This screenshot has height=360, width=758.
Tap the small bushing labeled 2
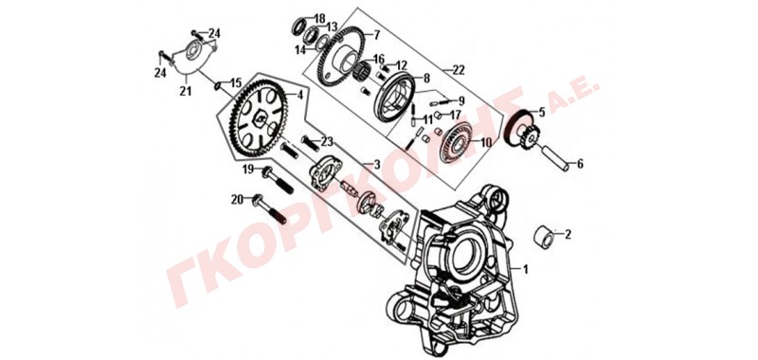(544, 236)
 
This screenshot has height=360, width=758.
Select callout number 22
(458, 70)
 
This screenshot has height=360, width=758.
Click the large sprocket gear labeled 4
(254, 116)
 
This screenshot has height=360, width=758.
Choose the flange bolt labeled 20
(269, 208)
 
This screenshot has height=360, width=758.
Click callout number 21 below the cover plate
(185, 90)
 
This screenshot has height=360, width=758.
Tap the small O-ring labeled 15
(219, 86)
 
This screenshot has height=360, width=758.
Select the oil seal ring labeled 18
(300, 27)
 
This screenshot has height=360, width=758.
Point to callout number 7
(376, 35)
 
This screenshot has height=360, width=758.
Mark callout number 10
(485, 142)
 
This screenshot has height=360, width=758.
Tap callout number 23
(327, 141)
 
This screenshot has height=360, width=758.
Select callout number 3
(376, 165)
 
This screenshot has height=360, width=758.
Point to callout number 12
(402, 65)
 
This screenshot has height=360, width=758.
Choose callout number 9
(460, 101)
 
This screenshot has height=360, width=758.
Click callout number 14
(300, 49)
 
